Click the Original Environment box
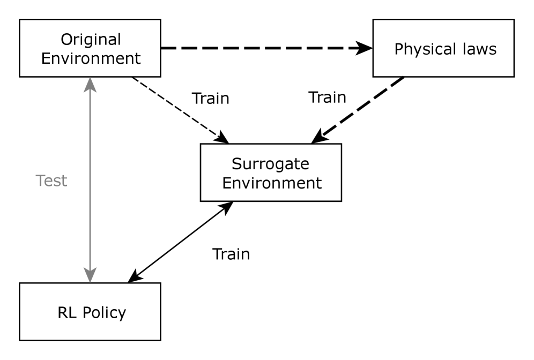(x=90, y=48)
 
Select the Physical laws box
(x=445, y=48)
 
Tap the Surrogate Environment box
(x=271, y=172)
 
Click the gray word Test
(x=51, y=181)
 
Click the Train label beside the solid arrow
(x=231, y=253)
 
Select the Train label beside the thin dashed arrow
(x=210, y=99)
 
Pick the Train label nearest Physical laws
(x=327, y=97)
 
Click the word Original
(x=90, y=39)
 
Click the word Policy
(x=105, y=312)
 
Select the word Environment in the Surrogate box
(x=272, y=183)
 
